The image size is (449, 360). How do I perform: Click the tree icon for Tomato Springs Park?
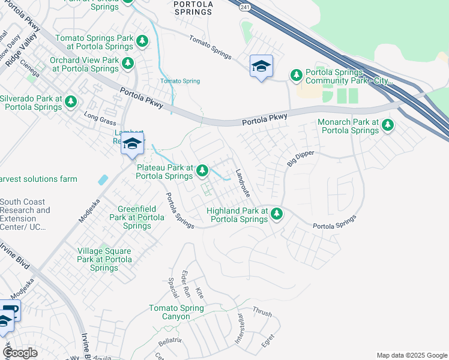[142, 41]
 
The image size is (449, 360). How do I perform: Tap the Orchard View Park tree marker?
[127, 63]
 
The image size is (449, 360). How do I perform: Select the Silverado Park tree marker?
[71, 101]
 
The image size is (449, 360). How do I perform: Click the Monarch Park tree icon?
[388, 125]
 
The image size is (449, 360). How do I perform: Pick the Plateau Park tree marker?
[203, 171]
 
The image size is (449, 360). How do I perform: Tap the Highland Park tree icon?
[277, 214]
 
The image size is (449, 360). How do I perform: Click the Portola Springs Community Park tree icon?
[296, 75]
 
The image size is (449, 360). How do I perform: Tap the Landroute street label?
[243, 179]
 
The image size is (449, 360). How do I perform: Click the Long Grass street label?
[99, 119]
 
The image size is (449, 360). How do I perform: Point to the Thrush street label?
[262, 313]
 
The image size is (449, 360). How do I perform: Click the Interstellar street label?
[238, 328]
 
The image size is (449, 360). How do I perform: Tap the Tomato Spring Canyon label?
[176, 313]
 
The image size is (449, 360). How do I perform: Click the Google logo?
[20, 353]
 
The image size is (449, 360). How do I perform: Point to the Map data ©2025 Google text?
[411, 355]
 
